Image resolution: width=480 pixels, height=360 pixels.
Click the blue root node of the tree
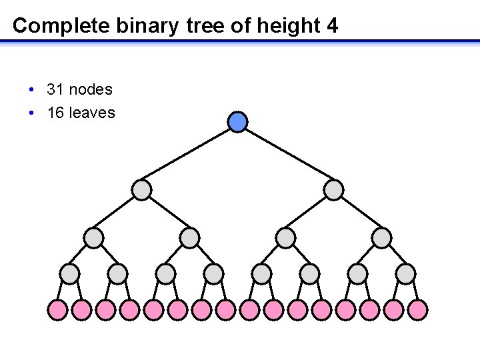point(238,121)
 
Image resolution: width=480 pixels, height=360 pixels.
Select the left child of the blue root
point(141,190)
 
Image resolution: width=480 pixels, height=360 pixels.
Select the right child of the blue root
point(333,190)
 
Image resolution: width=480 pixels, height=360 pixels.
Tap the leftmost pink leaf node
point(57,309)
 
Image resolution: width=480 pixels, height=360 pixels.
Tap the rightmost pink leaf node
point(417,309)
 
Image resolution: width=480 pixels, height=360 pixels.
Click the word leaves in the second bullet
point(91,113)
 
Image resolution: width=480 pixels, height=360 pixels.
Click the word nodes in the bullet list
point(90,89)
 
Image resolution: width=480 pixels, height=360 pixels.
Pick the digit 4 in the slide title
point(332,26)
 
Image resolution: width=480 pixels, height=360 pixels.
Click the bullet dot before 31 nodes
point(32,89)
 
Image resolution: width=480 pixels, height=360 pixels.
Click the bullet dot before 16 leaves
point(32,113)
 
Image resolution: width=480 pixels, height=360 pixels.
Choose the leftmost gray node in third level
point(93,237)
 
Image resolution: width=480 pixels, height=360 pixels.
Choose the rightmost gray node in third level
point(381,237)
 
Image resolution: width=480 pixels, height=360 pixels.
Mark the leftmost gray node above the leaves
point(69,273)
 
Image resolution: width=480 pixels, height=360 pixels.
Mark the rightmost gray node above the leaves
point(405,273)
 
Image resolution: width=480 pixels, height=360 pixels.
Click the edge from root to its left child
point(190,155)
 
